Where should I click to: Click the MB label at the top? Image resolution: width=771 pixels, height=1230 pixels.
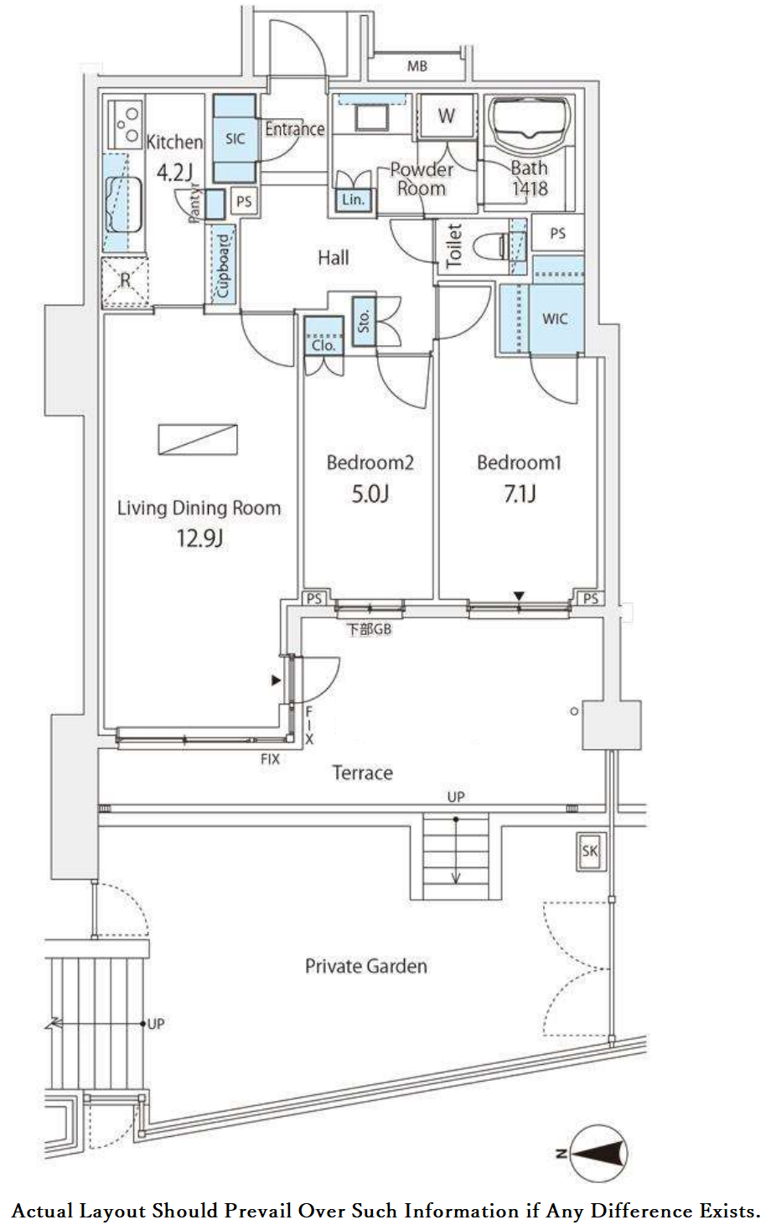pyautogui.click(x=417, y=66)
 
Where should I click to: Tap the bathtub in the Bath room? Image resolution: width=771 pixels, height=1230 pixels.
pyautogui.click(x=530, y=121)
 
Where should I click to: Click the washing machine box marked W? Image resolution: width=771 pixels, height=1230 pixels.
pyautogui.click(x=447, y=116)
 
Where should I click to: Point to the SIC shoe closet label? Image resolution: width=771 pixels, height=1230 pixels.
pyautogui.click(x=235, y=138)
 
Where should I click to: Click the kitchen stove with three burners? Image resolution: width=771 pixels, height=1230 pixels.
pyautogui.click(x=126, y=123)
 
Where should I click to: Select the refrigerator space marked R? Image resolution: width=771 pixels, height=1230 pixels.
pyautogui.click(x=125, y=282)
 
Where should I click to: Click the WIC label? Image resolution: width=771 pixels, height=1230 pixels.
pyautogui.click(x=555, y=318)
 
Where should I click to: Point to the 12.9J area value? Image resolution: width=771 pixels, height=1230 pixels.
pyautogui.click(x=199, y=538)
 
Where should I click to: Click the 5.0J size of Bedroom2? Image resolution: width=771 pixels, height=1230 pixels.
pyautogui.click(x=370, y=494)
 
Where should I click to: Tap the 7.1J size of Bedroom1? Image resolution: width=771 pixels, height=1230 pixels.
pyautogui.click(x=520, y=494)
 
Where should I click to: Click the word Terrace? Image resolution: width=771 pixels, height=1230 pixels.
pyautogui.click(x=362, y=773)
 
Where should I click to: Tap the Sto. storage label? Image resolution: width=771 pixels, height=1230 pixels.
pyautogui.click(x=364, y=321)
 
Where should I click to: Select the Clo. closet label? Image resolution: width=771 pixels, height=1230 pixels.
pyautogui.click(x=323, y=345)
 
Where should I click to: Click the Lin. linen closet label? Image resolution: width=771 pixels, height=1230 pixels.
pyautogui.click(x=353, y=199)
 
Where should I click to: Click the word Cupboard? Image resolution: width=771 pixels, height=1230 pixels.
pyautogui.click(x=223, y=266)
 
